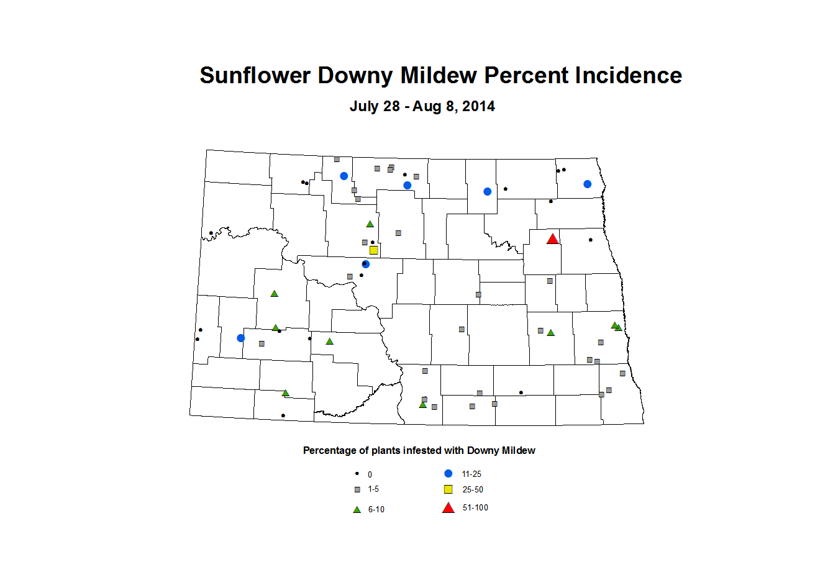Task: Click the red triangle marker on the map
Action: point(552,239)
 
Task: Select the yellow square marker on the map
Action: point(373,250)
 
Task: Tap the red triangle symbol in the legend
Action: point(448,508)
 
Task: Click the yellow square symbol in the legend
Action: point(448,489)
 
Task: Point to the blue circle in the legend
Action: point(448,473)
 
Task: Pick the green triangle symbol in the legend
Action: point(357,509)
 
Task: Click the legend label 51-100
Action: point(475,508)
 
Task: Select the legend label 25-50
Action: point(473,489)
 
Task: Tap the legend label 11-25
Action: point(471,474)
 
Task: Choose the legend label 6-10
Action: point(376,509)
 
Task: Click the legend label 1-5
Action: point(373,489)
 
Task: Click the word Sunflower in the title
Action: point(255,76)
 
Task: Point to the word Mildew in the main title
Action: point(439,76)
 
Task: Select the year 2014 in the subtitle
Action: point(478,106)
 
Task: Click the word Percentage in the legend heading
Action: point(330,451)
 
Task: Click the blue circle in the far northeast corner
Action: point(587,184)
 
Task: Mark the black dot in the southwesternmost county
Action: point(283,415)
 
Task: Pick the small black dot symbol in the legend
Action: point(357,473)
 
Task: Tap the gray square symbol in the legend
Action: point(357,489)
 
